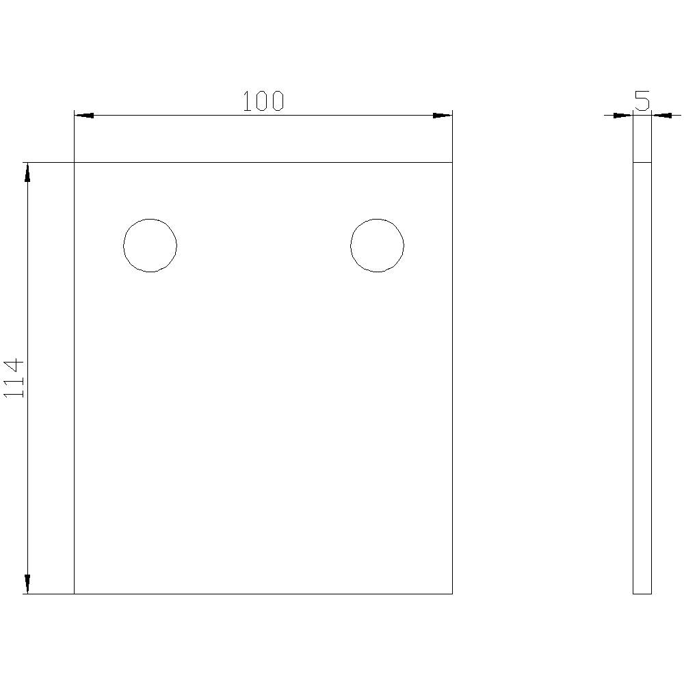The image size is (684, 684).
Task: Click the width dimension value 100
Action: pyautogui.click(x=263, y=101)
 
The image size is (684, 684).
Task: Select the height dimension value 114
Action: pyautogui.click(x=15, y=378)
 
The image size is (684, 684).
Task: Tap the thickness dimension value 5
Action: pyautogui.click(x=642, y=101)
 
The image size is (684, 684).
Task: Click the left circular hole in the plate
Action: pyautogui.click(x=150, y=246)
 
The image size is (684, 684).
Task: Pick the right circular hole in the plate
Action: pyautogui.click(x=377, y=246)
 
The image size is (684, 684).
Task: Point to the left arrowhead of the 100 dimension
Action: pyautogui.click(x=83, y=115)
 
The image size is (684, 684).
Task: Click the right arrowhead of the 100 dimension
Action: pyautogui.click(x=443, y=115)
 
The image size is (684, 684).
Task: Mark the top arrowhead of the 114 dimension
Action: pyautogui.click(x=27, y=172)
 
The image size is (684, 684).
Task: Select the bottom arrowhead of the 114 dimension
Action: pyautogui.click(x=27, y=583)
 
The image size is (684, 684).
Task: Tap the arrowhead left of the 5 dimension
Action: pyautogui.click(x=623, y=115)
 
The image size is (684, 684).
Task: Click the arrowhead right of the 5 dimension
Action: pyautogui.click(x=661, y=115)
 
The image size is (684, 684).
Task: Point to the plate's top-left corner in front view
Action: pyautogui.click(x=74, y=163)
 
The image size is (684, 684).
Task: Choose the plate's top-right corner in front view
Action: pyautogui.click(x=452, y=163)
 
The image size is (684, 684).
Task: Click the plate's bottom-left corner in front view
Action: pyautogui.click(x=74, y=594)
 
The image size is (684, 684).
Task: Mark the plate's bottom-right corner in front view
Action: pyautogui.click(x=452, y=594)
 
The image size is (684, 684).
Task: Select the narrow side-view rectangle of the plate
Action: pyautogui.click(x=642, y=376)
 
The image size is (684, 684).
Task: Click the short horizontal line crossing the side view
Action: pyautogui.click(x=642, y=163)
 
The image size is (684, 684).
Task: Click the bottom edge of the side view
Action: pyautogui.click(x=642, y=594)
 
